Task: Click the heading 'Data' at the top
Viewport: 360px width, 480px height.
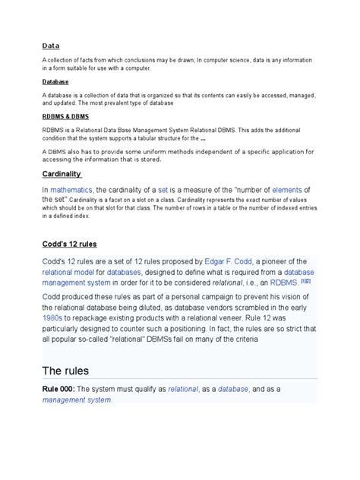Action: point(51,46)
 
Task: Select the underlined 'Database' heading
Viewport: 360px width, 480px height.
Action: point(55,81)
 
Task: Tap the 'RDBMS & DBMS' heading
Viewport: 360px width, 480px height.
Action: point(67,118)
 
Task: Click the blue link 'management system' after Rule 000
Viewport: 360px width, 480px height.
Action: point(76,399)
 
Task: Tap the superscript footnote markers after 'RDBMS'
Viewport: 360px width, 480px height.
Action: point(305,280)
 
